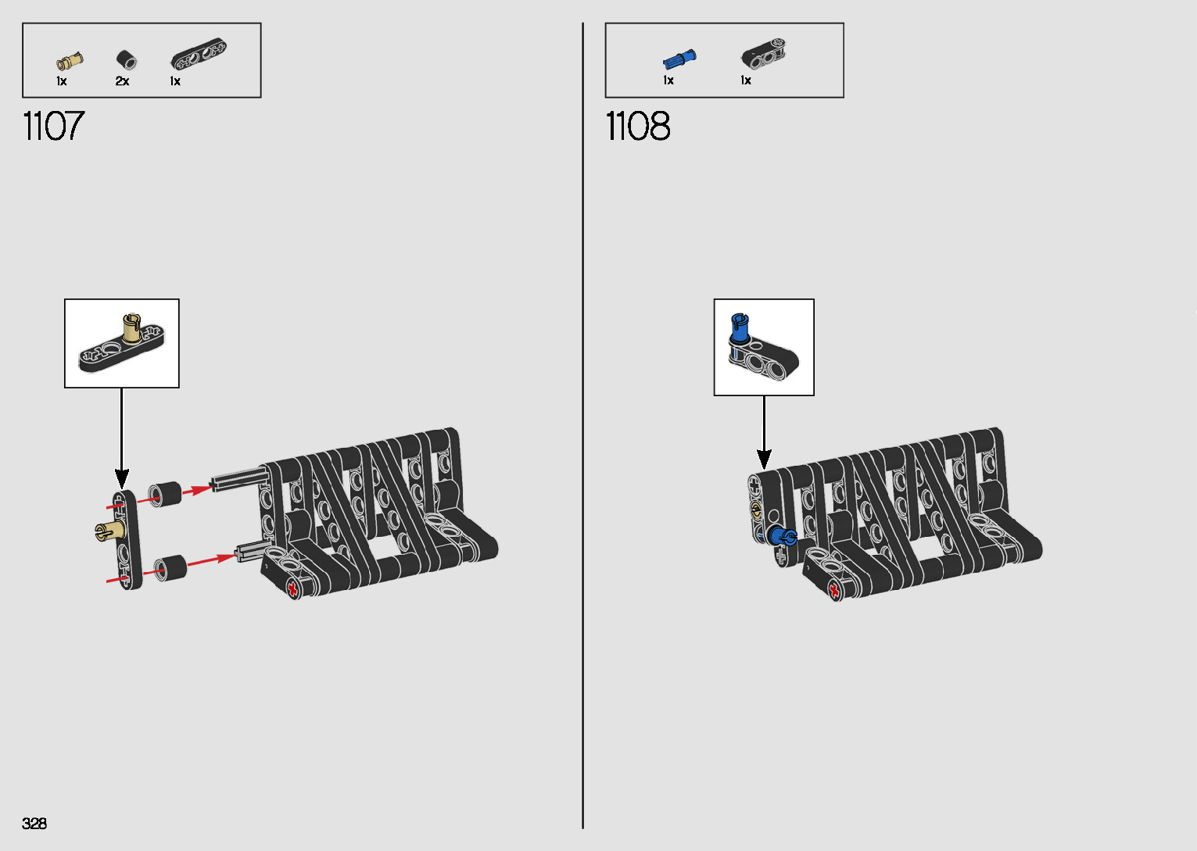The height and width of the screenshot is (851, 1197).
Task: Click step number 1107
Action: click(53, 126)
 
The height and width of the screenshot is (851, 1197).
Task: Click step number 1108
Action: click(637, 126)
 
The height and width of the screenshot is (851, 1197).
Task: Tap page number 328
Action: click(34, 823)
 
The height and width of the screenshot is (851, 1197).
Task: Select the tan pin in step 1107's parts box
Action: click(69, 61)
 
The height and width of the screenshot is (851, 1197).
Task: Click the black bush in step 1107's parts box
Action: click(125, 59)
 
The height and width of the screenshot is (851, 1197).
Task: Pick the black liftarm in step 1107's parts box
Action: click(199, 55)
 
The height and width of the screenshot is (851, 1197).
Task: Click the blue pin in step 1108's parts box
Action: click(679, 59)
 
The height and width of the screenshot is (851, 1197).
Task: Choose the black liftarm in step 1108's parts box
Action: click(763, 54)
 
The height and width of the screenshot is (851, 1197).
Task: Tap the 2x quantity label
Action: click(122, 81)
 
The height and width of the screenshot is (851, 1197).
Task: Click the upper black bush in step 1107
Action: click(164, 494)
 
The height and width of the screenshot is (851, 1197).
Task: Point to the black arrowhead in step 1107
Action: click(121, 477)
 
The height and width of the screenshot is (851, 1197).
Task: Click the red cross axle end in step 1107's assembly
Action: click(293, 588)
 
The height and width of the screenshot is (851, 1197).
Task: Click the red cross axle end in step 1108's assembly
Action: click(833, 589)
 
